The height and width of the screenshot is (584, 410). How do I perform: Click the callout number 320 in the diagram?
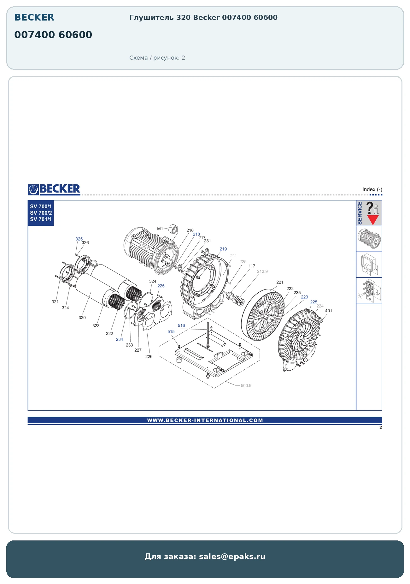click(x=82, y=318)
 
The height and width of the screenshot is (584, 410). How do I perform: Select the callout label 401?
click(x=329, y=311)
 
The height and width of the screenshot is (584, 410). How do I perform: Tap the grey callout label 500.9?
click(x=246, y=385)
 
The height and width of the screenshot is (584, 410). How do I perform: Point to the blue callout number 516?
click(x=181, y=325)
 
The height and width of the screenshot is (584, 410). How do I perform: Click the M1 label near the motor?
click(x=160, y=229)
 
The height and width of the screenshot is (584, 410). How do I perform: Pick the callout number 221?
click(x=280, y=282)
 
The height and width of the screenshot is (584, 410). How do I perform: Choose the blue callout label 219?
click(x=223, y=249)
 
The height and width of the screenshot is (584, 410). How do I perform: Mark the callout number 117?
click(x=252, y=266)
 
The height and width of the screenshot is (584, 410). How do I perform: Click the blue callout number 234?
click(x=120, y=339)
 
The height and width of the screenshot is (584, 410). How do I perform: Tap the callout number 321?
click(x=55, y=301)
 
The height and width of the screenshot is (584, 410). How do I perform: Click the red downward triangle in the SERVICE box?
click(x=373, y=220)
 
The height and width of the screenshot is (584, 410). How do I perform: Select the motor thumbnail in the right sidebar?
click(x=369, y=239)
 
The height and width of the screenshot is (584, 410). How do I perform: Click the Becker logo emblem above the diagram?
click(x=33, y=189)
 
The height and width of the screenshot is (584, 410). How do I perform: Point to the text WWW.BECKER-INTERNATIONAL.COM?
click(x=205, y=420)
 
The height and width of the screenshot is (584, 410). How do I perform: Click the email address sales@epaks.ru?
click(x=232, y=556)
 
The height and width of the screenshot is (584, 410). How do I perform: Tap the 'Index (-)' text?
click(x=372, y=189)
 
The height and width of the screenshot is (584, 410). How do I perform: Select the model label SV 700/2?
click(x=41, y=213)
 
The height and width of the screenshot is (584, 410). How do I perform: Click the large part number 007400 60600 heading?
click(x=53, y=34)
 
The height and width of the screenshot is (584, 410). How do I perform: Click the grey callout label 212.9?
click(x=262, y=271)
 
